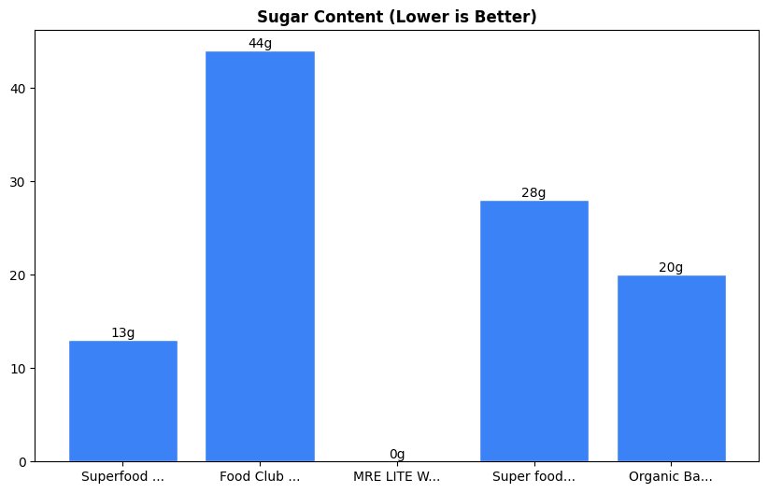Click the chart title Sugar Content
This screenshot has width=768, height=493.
397,17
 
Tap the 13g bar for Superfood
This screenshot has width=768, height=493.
123,401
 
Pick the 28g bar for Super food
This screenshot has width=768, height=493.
533,331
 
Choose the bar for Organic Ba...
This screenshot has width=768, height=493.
671,368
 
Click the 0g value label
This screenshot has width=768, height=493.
397,455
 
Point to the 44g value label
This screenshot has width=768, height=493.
260,44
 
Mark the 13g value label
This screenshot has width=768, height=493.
123,333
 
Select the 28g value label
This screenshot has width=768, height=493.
533,193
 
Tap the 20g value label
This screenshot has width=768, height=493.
671,268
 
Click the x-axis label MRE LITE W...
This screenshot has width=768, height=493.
397,477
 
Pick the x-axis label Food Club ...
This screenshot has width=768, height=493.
260,477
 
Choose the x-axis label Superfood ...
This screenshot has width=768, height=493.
123,477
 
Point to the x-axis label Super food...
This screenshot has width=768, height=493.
533,477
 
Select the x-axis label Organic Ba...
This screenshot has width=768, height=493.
671,477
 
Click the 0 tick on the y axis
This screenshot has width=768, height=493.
22,462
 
